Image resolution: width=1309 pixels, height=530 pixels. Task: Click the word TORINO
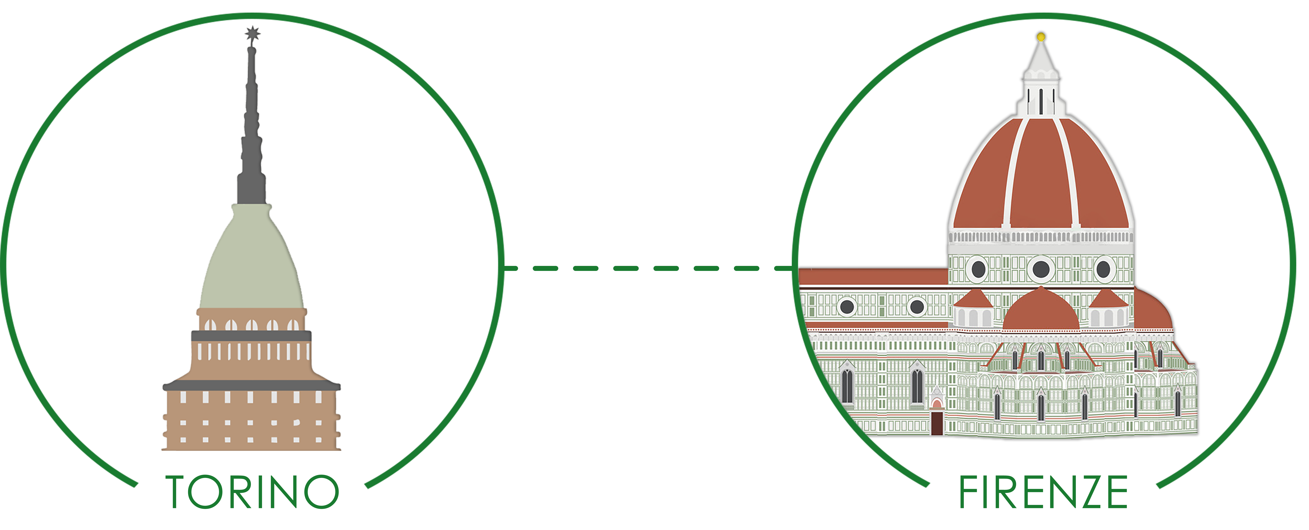click(x=253, y=492)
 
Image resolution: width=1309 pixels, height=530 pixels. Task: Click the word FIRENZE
click(x=1043, y=492)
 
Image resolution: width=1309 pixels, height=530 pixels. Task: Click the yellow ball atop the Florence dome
click(x=1041, y=37)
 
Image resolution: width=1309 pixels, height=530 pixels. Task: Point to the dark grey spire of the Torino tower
click(x=252, y=142)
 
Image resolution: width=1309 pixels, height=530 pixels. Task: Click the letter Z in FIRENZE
click(x=1089, y=492)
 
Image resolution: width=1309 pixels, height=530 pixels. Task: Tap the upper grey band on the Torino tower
click(x=252, y=336)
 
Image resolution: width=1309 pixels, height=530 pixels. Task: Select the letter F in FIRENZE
click(x=968, y=492)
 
